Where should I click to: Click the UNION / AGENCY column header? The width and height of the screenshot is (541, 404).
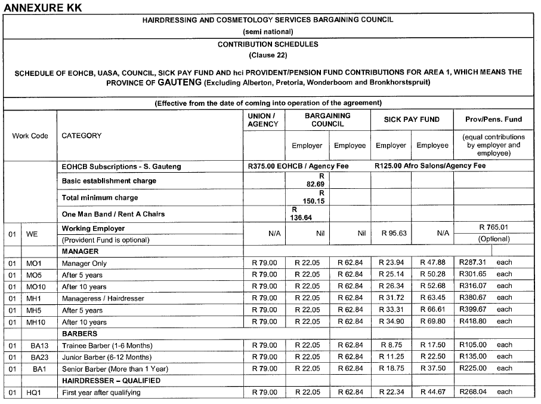click(x=263, y=120)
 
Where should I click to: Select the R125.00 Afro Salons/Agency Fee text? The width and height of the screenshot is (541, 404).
click(x=429, y=166)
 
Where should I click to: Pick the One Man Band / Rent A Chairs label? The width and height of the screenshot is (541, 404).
click(x=113, y=214)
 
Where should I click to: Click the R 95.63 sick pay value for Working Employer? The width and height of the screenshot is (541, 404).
click(x=394, y=234)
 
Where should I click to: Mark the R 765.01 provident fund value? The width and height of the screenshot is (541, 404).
click(x=493, y=227)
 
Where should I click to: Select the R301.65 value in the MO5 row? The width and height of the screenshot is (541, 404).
click(x=472, y=274)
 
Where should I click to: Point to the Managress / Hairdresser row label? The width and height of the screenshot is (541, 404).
click(x=103, y=298)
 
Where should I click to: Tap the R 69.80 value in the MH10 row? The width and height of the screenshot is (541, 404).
click(x=432, y=322)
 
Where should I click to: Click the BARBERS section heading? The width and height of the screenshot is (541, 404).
click(x=79, y=333)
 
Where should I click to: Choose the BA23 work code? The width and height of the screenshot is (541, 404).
click(x=39, y=357)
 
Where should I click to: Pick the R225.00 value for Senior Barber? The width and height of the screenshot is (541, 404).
click(x=472, y=368)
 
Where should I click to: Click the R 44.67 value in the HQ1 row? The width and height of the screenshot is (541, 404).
click(x=432, y=392)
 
